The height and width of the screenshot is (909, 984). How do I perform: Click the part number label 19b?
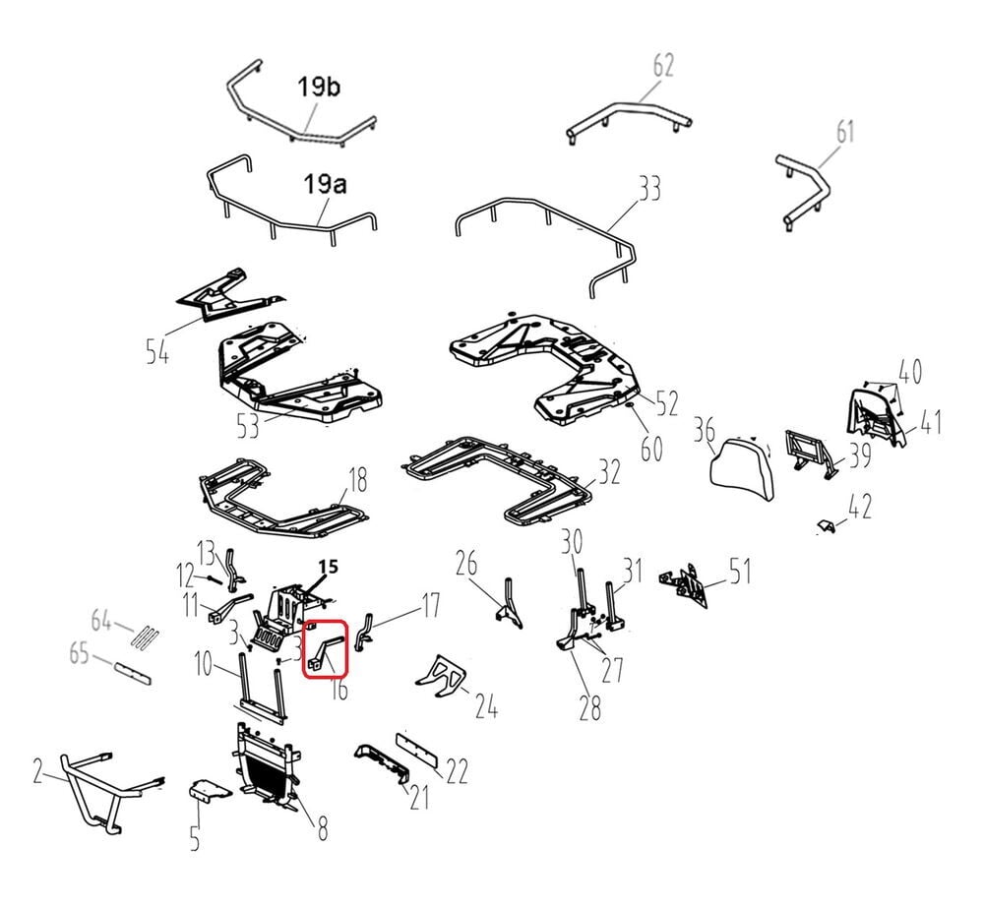click(319, 87)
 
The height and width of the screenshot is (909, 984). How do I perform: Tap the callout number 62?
click(663, 66)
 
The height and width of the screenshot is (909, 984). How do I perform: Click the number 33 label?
click(648, 188)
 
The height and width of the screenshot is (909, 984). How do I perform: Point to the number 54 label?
click(157, 351)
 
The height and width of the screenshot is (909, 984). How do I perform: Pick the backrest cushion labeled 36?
click(742, 468)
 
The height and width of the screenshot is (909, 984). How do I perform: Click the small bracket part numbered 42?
click(828, 527)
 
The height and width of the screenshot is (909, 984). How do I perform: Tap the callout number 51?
click(741, 572)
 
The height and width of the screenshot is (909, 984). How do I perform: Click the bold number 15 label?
click(329, 567)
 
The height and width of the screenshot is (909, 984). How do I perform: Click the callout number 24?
click(486, 707)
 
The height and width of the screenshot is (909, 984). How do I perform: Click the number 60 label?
click(650, 449)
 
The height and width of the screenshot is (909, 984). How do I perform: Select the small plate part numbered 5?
click(210, 790)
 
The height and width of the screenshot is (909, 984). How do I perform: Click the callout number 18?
click(358, 481)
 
